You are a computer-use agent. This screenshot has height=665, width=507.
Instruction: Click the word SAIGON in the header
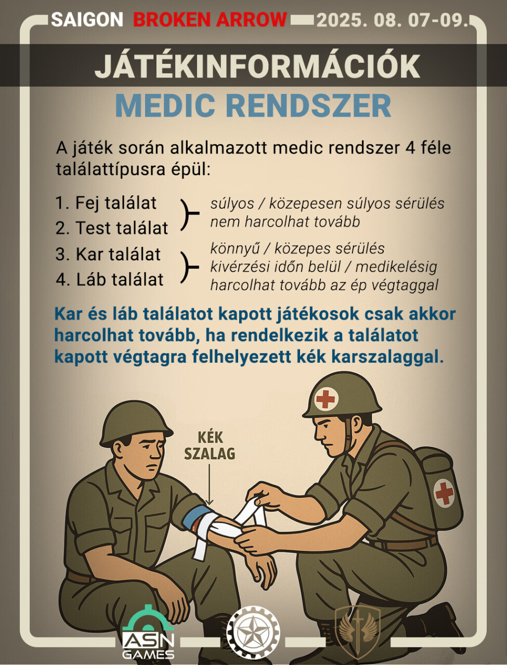click(87, 20)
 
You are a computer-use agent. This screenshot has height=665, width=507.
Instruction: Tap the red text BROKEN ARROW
click(210, 20)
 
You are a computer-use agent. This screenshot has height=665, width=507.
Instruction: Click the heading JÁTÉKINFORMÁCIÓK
click(257, 66)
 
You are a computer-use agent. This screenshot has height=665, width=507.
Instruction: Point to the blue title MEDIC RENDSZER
click(253, 105)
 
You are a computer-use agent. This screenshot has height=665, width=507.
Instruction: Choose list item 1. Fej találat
click(106, 203)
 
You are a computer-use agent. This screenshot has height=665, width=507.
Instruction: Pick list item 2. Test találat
click(112, 228)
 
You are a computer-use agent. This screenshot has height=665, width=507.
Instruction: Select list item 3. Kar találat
click(108, 254)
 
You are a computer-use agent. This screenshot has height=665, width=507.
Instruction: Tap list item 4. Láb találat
click(110, 280)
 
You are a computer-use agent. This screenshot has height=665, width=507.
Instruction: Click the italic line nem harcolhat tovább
click(285, 222)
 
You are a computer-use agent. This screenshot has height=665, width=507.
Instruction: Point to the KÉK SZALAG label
click(210, 445)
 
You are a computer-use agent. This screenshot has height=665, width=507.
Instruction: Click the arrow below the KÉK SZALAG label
click(209, 483)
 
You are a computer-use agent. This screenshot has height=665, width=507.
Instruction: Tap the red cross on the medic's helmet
click(326, 399)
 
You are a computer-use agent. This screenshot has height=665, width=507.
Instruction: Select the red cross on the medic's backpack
click(444, 493)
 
